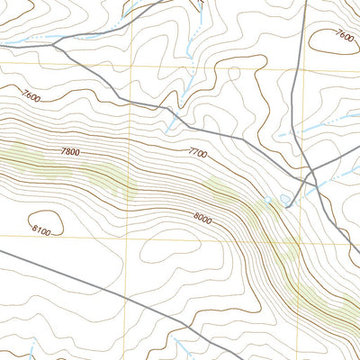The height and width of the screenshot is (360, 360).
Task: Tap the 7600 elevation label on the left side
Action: pyautogui.click(x=31, y=96)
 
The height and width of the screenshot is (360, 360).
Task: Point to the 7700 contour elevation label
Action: pyautogui.click(x=199, y=155)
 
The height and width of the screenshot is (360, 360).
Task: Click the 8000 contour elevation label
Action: pyautogui.click(x=202, y=217)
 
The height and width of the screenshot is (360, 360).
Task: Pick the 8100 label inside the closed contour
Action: pyautogui.click(x=40, y=231)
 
